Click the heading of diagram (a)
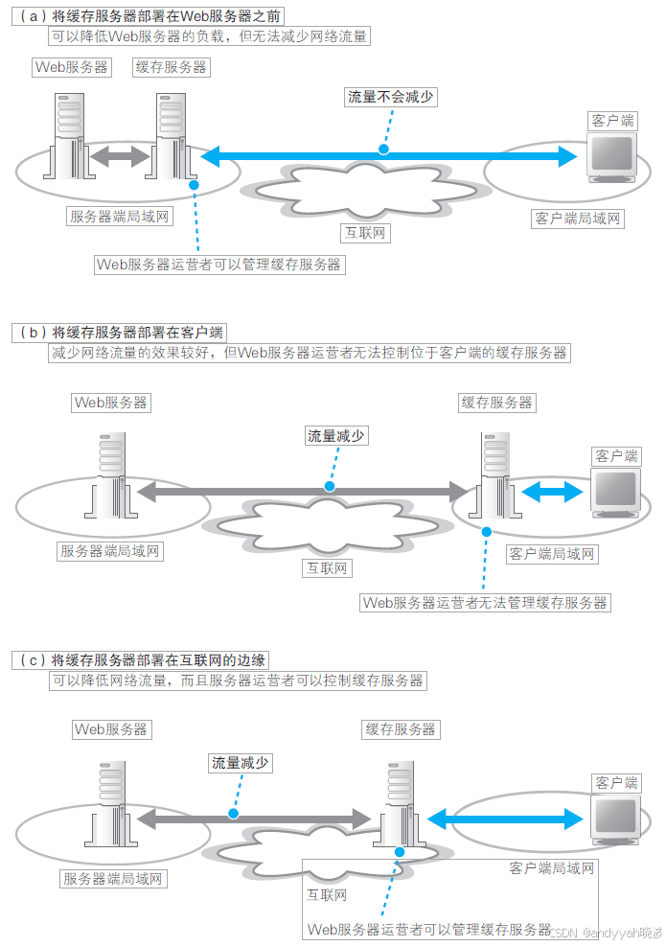coord(149,16)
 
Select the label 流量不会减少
coord(390,97)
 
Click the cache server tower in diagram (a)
coord(173,137)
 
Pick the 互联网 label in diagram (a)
coord(367,233)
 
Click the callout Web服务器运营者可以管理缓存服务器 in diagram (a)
coord(219,265)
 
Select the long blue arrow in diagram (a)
coord(388,154)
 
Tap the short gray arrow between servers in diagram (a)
coord(122,155)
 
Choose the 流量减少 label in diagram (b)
coord(335,435)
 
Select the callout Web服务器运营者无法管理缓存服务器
coord(485,603)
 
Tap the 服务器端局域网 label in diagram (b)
coord(112,551)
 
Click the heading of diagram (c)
coord(142,660)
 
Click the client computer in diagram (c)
coord(615,818)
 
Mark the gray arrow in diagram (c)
coord(253,819)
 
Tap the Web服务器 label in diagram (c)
coord(112,729)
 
